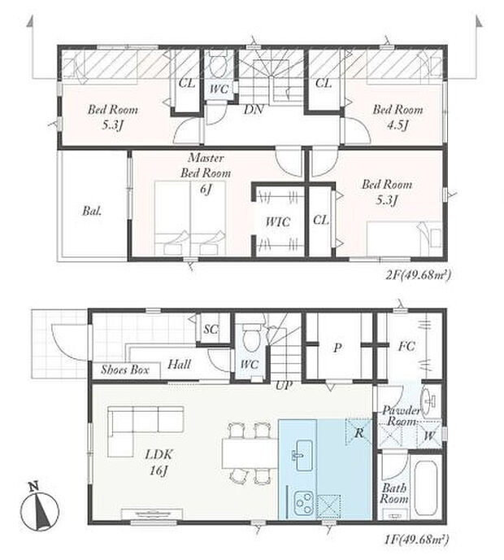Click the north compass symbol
tap(39, 507)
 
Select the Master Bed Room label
tap(206, 165)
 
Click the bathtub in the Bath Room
tap(426, 488)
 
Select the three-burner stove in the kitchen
tap(303, 504)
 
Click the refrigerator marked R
tap(358, 432)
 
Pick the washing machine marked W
tap(429, 435)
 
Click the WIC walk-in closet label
tap(278, 222)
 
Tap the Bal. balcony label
tap(92, 211)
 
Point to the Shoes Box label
tap(125, 370)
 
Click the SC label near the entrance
tap(211, 329)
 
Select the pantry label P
tap(337, 348)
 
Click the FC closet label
tap(406, 346)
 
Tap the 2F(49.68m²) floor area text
tap(419, 275)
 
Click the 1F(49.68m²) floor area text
tap(416, 539)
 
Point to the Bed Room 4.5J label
tap(398, 116)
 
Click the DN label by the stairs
tap(254, 109)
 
